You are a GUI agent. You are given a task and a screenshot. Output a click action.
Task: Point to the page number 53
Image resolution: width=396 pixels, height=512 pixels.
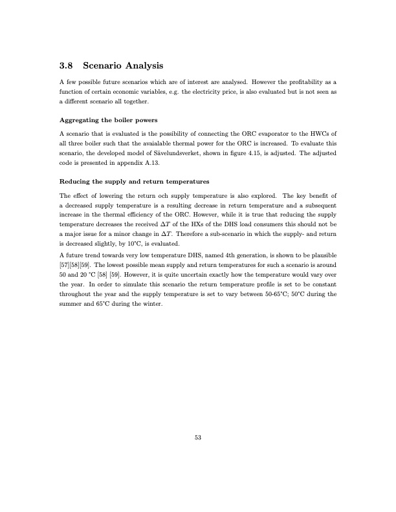tap(198, 438)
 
